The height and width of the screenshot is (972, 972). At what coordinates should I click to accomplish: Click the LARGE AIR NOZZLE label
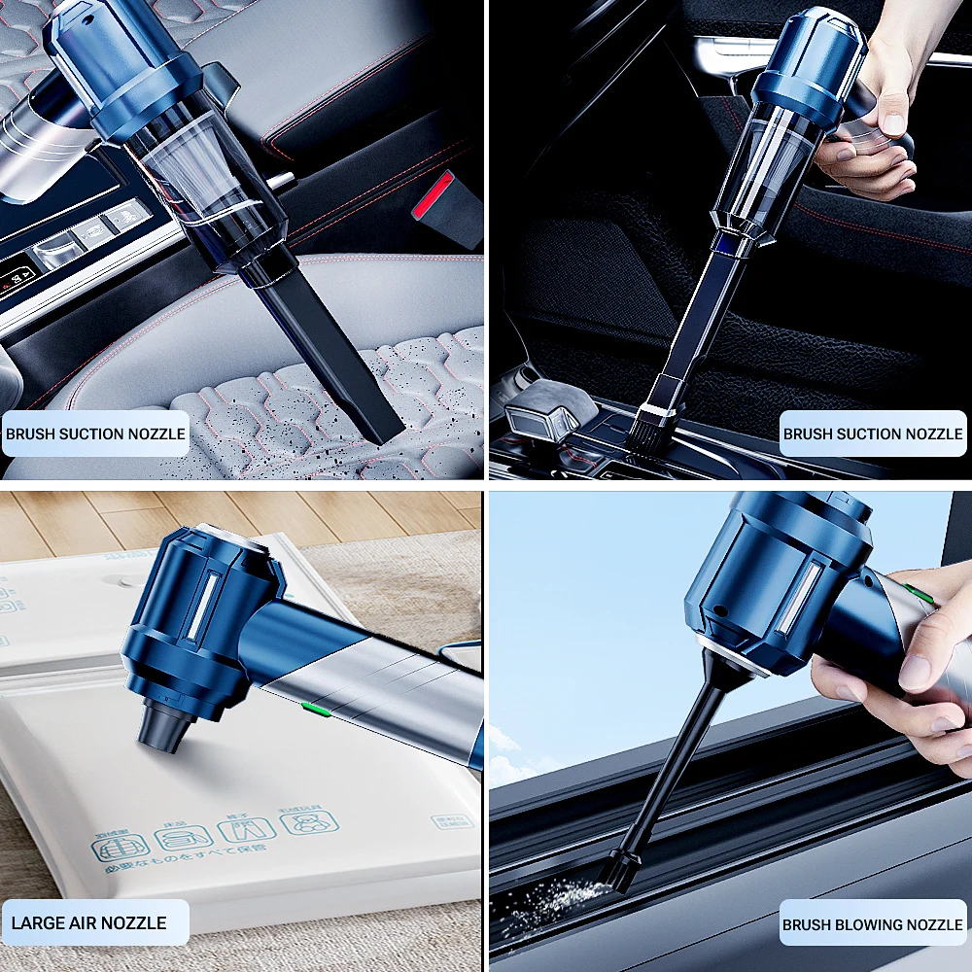88,922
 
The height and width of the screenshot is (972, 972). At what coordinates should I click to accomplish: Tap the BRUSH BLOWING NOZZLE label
873,924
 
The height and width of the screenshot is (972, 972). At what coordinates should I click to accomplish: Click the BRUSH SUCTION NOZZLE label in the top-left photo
94,434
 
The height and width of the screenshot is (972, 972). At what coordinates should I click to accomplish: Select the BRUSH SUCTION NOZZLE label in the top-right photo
873,434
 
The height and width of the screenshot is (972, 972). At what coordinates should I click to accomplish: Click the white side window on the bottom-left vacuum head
206,612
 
